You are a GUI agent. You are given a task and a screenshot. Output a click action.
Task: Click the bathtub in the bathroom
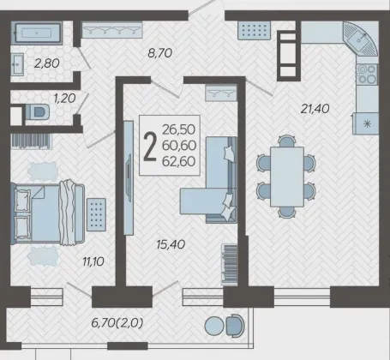(x=37, y=33)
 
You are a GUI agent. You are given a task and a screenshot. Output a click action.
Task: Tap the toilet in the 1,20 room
(x=38, y=111)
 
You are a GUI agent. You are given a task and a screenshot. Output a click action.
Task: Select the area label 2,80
(x=47, y=63)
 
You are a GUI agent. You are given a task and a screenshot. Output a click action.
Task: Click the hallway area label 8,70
(x=159, y=53)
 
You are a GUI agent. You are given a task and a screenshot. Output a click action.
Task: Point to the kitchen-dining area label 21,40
(x=315, y=109)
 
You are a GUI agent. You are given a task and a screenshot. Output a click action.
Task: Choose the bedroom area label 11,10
(x=93, y=261)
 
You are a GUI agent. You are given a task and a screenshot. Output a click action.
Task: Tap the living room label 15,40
(x=171, y=244)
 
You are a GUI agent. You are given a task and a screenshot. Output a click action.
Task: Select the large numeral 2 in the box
(x=150, y=147)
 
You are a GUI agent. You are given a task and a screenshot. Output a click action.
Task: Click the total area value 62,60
(x=179, y=161)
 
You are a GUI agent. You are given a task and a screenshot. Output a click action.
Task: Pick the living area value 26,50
(x=179, y=129)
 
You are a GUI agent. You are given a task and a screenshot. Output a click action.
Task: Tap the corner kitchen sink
(x=361, y=39)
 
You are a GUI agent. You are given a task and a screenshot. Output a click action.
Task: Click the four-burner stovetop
(x=367, y=74)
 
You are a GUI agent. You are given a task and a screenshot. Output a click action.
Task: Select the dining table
(x=287, y=177)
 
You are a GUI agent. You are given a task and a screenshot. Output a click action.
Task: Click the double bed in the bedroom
(x=48, y=213)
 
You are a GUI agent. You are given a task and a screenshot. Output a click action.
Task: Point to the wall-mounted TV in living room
(x=129, y=177)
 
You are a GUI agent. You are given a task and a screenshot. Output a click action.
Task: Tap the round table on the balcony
(x=214, y=326)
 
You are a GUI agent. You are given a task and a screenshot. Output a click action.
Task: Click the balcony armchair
(x=236, y=326)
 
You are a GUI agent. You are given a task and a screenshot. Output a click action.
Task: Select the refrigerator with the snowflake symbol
(x=366, y=123)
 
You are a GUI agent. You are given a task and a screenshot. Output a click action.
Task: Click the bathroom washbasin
(x=17, y=64)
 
